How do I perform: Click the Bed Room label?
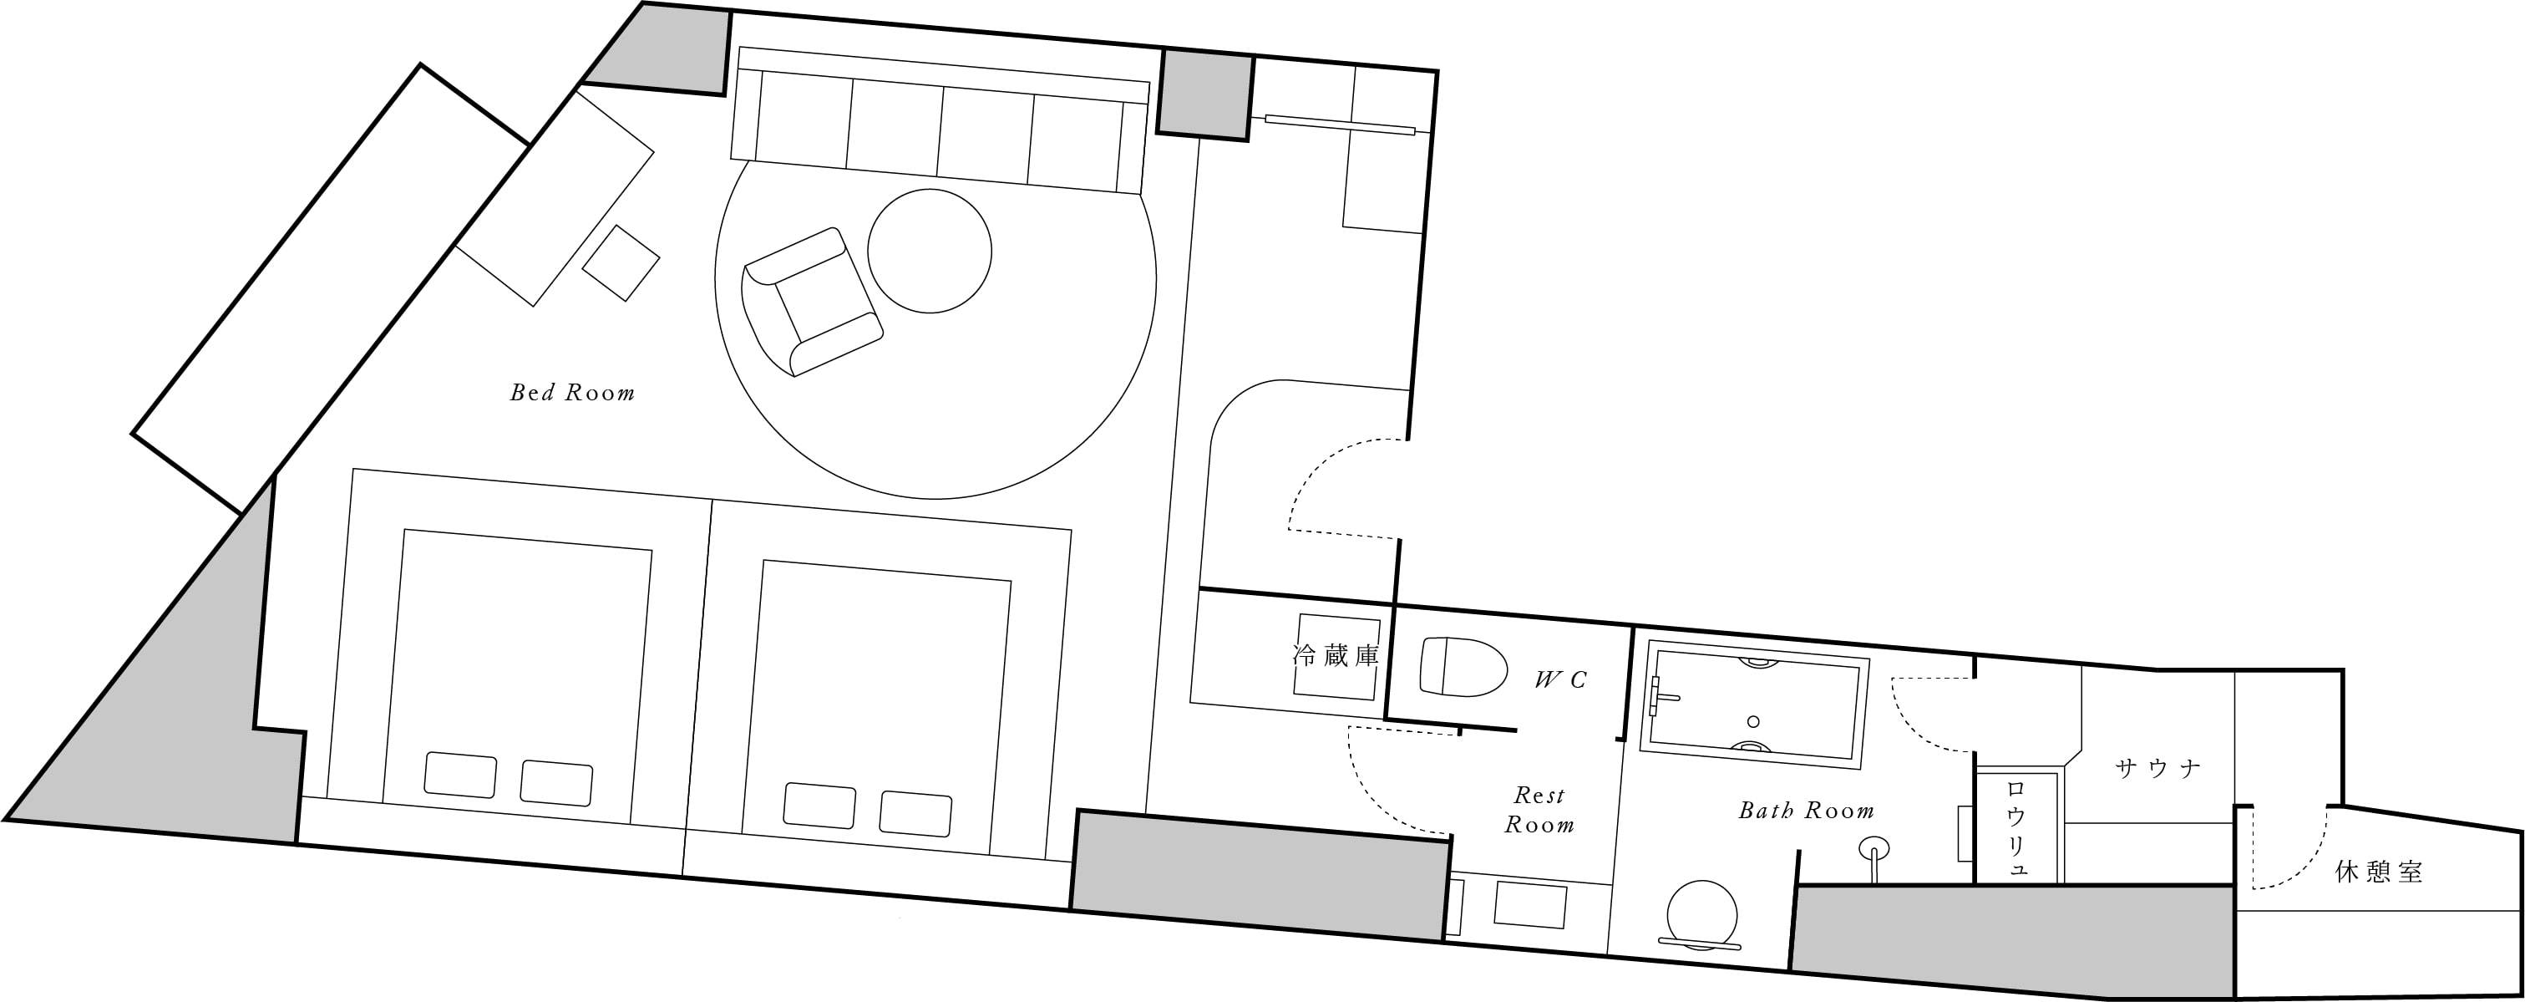pos(572,393)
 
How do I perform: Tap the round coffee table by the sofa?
pos(930,251)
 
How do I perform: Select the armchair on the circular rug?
pos(813,301)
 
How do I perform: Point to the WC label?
pos(1560,679)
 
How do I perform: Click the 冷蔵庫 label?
pos(1336,655)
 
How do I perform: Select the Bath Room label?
pos(1807,811)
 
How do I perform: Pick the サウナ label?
pos(2158,769)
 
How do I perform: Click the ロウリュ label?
pos(2016,830)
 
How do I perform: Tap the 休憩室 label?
pos(2379,872)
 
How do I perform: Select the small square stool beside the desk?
pos(621,262)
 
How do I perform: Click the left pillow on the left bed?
pos(459,775)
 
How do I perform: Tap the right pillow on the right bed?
pos(915,813)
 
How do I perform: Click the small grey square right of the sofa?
pos(1204,95)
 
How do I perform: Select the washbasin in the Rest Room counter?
pos(1530,906)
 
